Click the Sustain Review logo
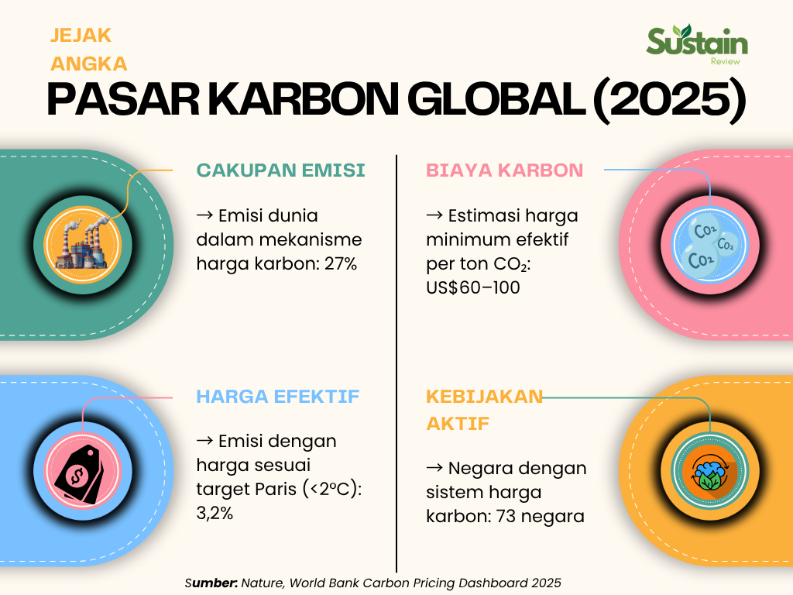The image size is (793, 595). click(x=697, y=44)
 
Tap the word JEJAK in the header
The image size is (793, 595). click(x=81, y=36)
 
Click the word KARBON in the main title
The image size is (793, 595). click(x=304, y=99)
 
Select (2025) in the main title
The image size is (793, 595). click(x=669, y=100)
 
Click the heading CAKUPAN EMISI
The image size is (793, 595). click(x=280, y=170)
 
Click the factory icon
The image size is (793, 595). click(x=83, y=245)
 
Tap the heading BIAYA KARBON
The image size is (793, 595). click(x=504, y=170)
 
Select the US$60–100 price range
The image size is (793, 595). click(x=473, y=287)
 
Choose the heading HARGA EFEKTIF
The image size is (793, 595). click(x=278, y=396)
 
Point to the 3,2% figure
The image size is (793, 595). click(x=215, y=513)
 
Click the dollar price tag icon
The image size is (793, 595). click(x=80, y=475)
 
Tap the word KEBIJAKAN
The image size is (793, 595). click(x=484, y=396)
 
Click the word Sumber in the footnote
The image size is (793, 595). click(x=211, y=583)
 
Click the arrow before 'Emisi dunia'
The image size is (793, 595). click(x=204, y=215)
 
